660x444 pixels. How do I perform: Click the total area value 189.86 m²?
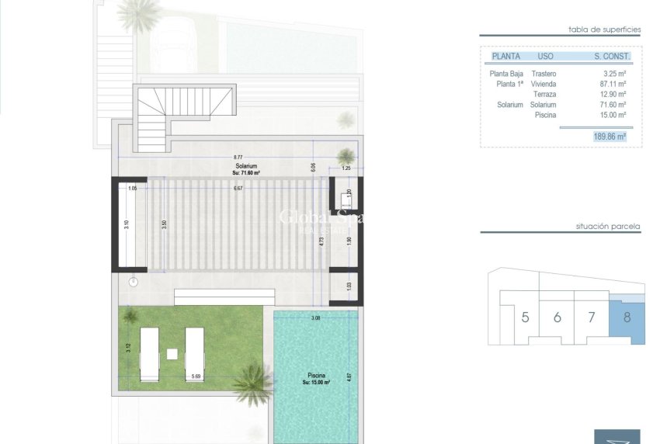(610, 136)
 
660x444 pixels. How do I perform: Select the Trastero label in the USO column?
(544, 73)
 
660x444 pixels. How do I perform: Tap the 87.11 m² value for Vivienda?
(613, 83)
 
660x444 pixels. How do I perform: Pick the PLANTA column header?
(505, 57)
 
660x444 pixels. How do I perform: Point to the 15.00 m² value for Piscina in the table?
(613, 115)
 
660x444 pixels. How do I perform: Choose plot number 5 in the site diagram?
(526, 317)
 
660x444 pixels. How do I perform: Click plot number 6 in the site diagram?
(558, 317)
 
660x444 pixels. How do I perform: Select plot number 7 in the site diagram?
(592, 317)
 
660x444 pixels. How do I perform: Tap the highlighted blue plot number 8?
(627, 317)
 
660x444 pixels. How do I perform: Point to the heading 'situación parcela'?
(608, 227)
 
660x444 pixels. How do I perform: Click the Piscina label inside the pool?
(315, 375)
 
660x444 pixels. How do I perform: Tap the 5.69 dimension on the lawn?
(194, 376)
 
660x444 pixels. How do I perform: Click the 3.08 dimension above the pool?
(315, 317)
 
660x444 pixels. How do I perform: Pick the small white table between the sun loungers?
(172, 355)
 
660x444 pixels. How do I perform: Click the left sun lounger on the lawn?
(149, 353)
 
